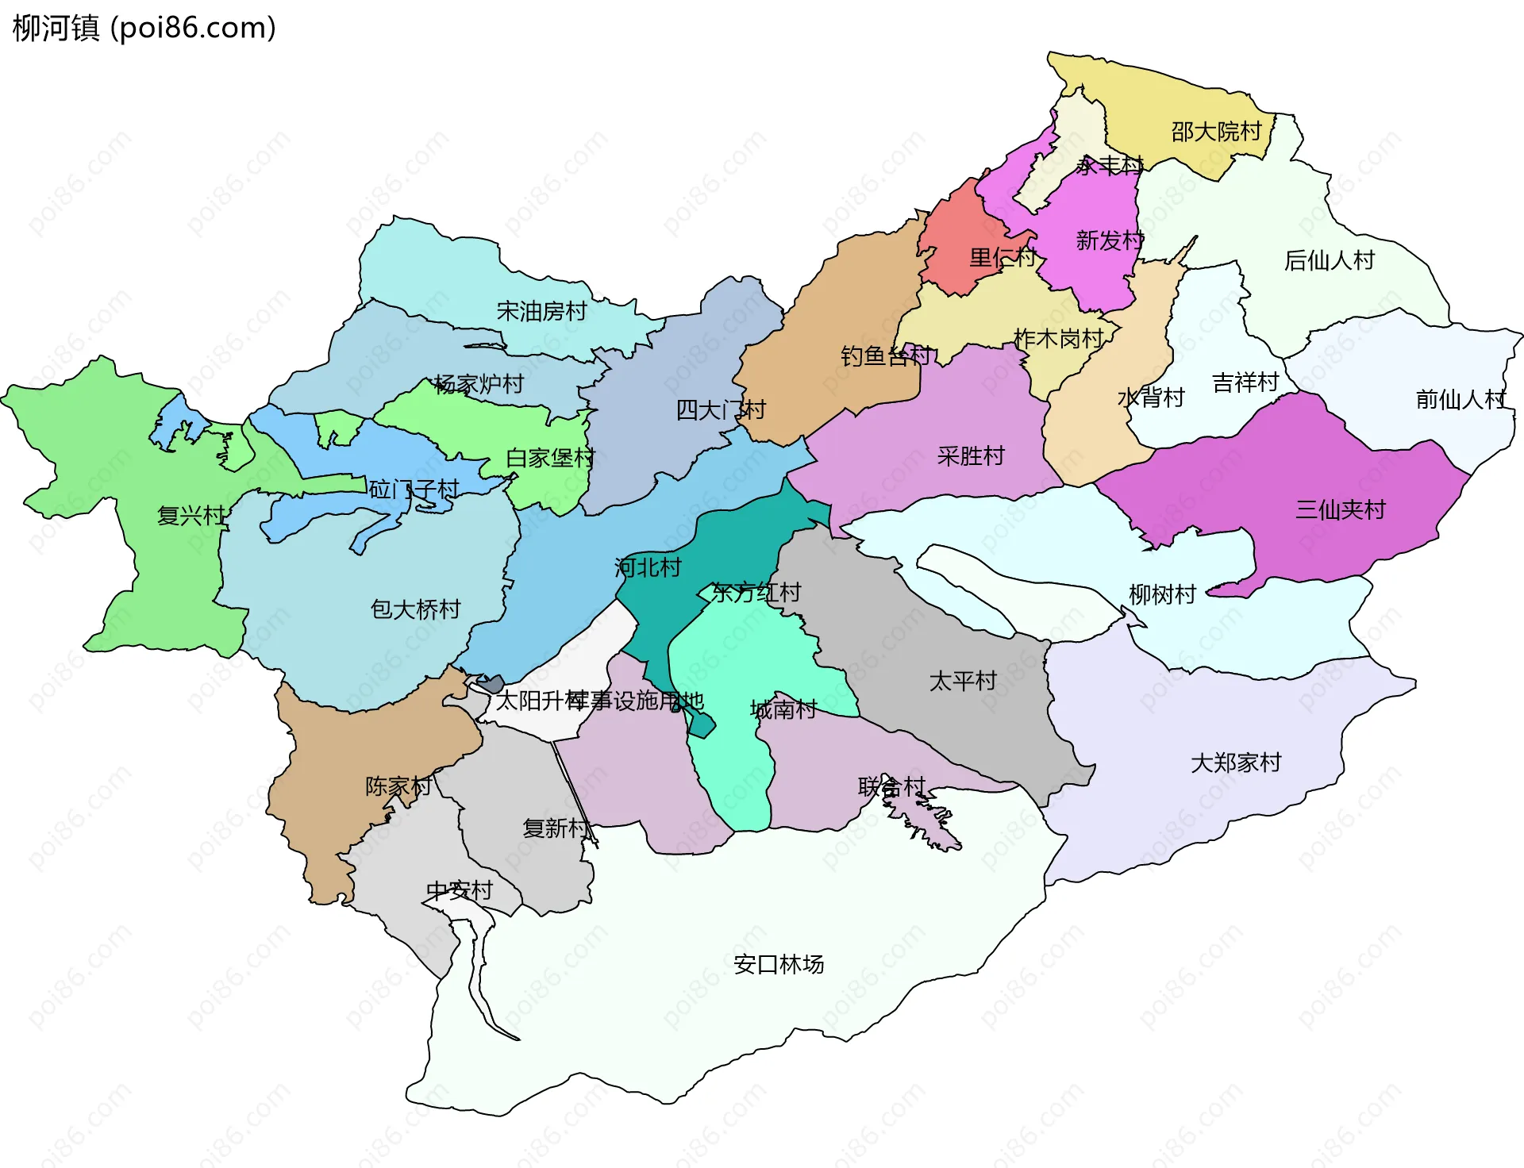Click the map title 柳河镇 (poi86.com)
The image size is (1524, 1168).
(144, 28)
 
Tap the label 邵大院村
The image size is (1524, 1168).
(1216, 132)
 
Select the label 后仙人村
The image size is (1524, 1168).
(1329, 260)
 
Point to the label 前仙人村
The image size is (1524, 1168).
(1460, 399)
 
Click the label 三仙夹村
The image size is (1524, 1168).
(1340, 509)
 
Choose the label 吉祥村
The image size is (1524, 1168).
(1245, 383)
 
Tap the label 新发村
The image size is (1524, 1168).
(1109, 240)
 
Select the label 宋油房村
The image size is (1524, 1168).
(541, 311)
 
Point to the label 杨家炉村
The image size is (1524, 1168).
(479, 384)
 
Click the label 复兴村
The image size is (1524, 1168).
(190, 516)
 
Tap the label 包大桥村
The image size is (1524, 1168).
(415, 609)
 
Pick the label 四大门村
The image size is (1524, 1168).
(720, 410)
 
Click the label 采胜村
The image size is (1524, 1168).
(970, 456)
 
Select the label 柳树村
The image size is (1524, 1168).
(1162, 594)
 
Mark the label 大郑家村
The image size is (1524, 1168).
(1235, 763)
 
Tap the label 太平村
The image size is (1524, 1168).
(962, 681)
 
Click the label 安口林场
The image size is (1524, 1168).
(778, 965)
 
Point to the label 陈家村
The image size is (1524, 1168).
(398, 786)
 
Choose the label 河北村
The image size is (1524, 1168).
(648, 567)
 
